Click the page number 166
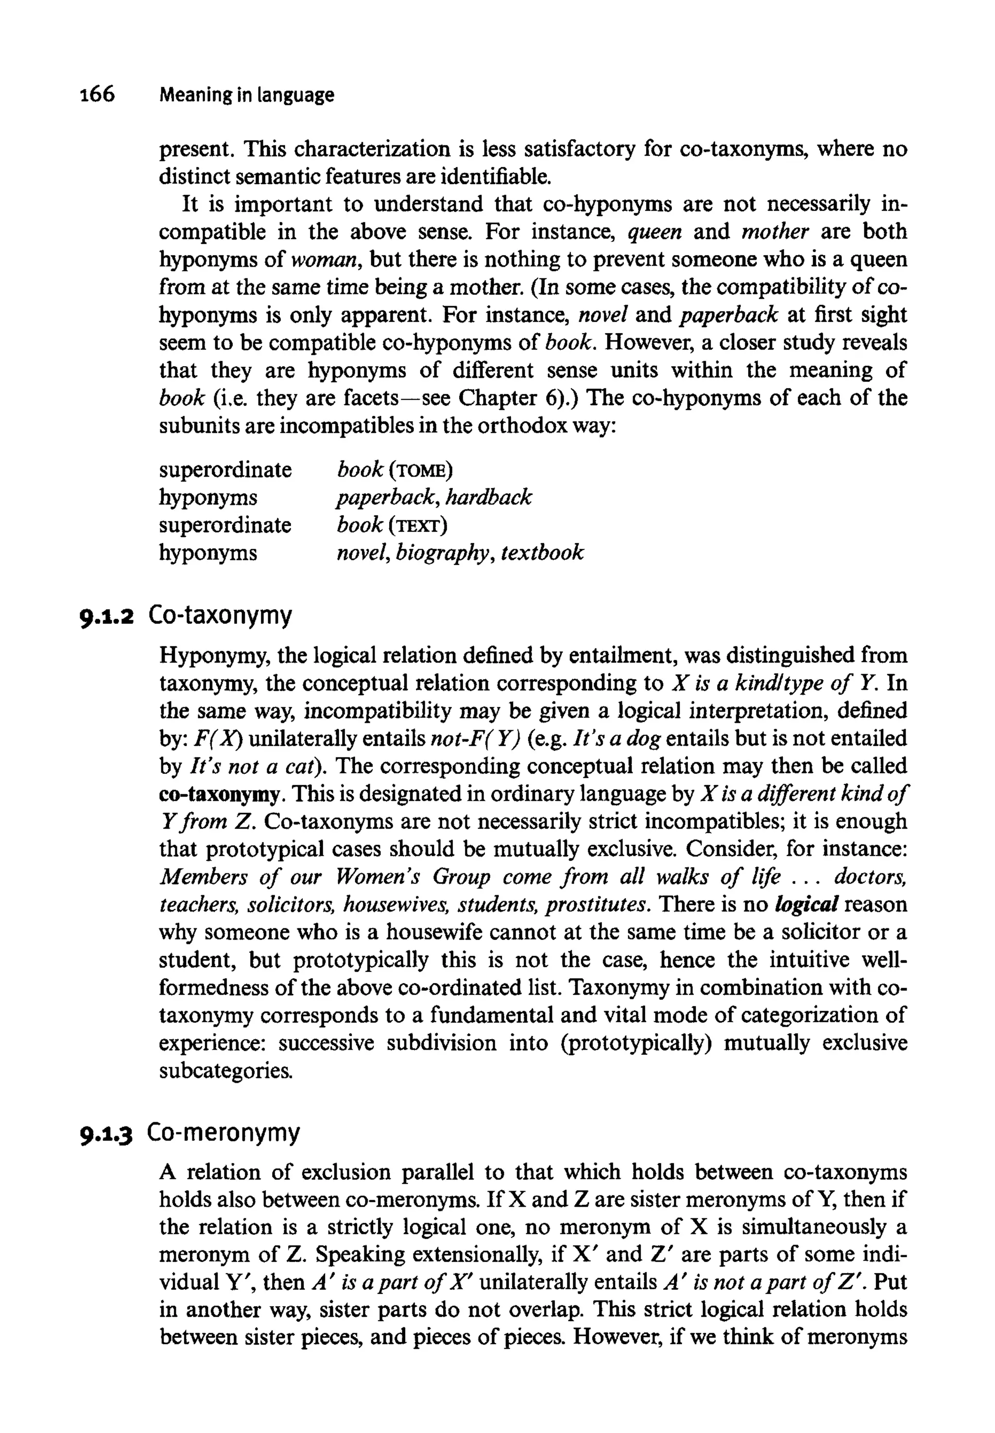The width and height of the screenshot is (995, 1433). click(98, 94)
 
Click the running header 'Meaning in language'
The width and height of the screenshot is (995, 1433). click(246, 95)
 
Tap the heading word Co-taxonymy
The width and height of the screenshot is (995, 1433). click(220, 616)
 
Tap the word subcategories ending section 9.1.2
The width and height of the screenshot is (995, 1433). click(224, 1072)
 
